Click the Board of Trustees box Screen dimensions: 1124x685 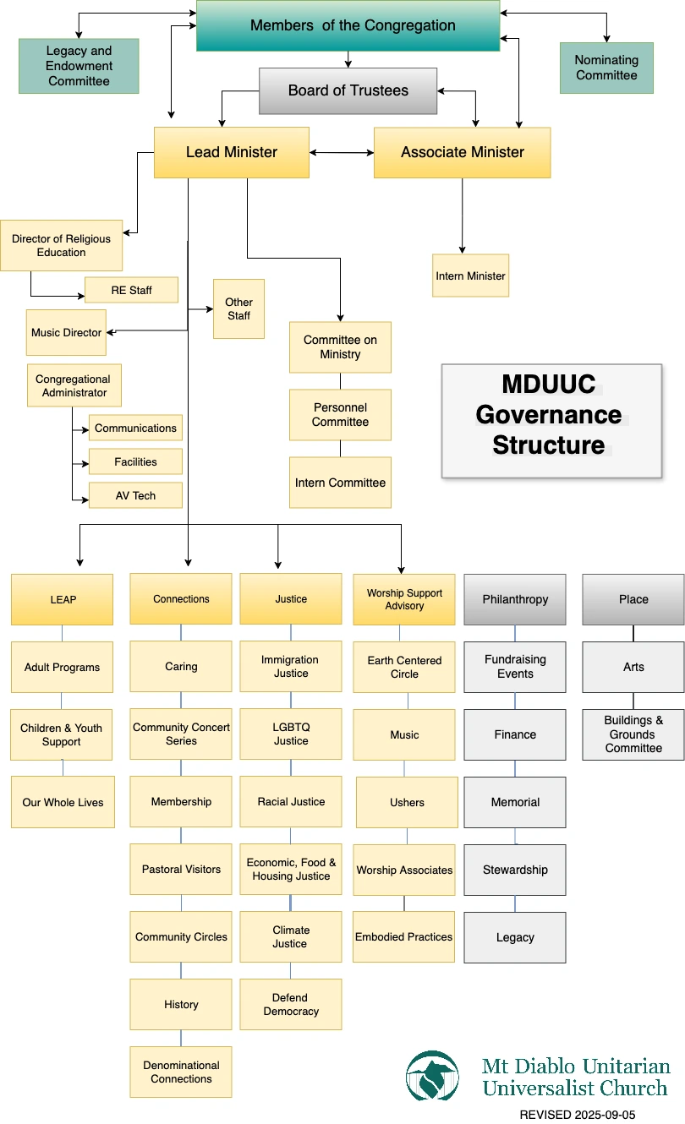pos(348,91)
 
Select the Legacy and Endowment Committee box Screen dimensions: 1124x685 pos(79,66)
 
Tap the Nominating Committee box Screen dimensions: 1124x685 pos(606,68)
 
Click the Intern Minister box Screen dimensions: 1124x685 pos(470,276)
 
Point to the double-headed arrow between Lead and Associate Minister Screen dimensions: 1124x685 pos(342,153)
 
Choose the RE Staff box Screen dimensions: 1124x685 pos(131,290)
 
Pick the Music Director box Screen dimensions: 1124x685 pos(66,332)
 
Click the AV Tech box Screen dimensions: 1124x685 pos(135,495)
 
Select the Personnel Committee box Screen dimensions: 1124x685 pos(340,415)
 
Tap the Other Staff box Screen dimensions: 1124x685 pos(238,309)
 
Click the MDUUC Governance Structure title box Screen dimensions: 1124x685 pos(551,421)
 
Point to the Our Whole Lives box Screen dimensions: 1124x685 pos(63,802)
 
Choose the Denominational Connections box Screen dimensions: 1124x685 pos(181,1072)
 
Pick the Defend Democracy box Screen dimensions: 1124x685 pos(290,1004)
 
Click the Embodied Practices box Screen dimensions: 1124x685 pos(403,936)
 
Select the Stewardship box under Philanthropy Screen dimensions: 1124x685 pos(514,870)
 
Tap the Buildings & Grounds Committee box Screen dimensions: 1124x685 pos(633,734)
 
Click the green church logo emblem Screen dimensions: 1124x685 pos(433,1075)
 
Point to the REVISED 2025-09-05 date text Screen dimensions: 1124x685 pos(577,1115)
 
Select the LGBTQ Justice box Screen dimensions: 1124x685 pos(290,734)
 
